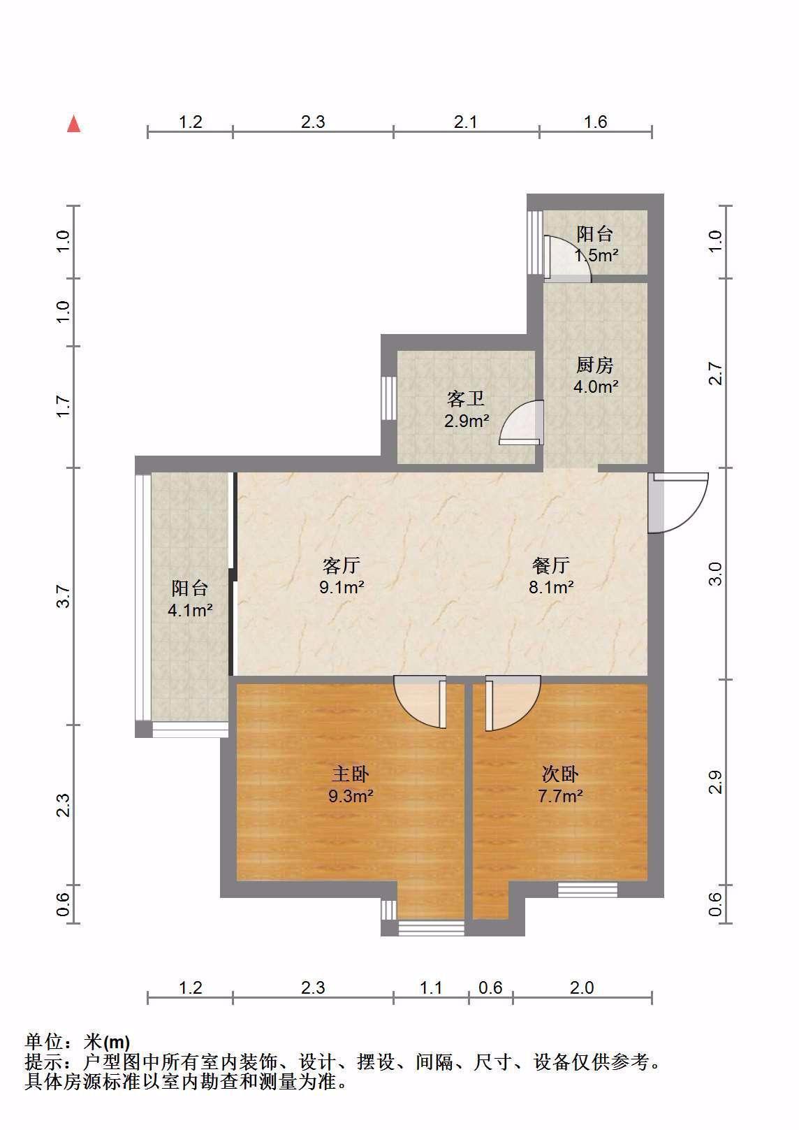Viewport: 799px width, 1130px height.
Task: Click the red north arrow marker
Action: click(x=74, y=124)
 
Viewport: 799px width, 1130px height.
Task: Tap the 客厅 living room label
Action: click(x=342, y=565)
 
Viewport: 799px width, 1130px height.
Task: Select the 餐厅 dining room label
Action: click(x=551, y=565)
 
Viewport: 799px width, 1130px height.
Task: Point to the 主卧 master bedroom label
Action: click(x=351, y=774)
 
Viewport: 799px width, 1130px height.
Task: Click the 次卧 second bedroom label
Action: click(x=560, y=774)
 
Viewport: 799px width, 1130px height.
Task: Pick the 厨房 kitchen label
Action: click(x=595, y=365)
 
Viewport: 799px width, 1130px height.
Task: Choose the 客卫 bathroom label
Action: click(x=466, y=399)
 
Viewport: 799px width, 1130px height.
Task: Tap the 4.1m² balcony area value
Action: click(x=190, y=610)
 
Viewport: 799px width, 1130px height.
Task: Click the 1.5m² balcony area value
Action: click(x=596, y=255)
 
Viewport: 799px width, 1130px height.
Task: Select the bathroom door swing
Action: click(x=522, y=423)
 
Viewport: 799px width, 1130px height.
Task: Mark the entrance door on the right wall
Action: click(x=678, y=502)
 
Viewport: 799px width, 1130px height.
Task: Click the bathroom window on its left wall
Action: click(x=388, y=398)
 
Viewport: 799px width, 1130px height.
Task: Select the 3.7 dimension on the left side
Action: click(x=62, y=596)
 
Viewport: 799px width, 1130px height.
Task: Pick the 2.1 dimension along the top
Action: click(x=464, y=122)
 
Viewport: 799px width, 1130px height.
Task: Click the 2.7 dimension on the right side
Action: click(x=716, y=373)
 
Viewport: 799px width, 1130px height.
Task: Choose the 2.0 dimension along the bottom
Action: click(x=582, y=987)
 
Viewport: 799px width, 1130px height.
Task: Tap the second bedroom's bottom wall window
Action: click(x=587, y=890)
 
